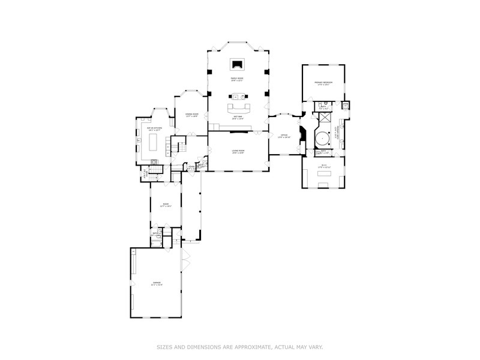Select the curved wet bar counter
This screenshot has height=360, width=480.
point(238,109)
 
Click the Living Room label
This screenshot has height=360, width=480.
point(238,151)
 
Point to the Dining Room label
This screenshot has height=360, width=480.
point(191,115)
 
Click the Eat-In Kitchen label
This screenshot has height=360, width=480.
point(155,128)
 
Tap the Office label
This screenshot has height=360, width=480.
point(285,136)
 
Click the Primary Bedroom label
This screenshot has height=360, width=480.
point(323,83)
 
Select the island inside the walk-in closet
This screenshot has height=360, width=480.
point(323,174)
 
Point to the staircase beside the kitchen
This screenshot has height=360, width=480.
point(178,145)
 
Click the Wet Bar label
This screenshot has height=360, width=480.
point(238,118)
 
